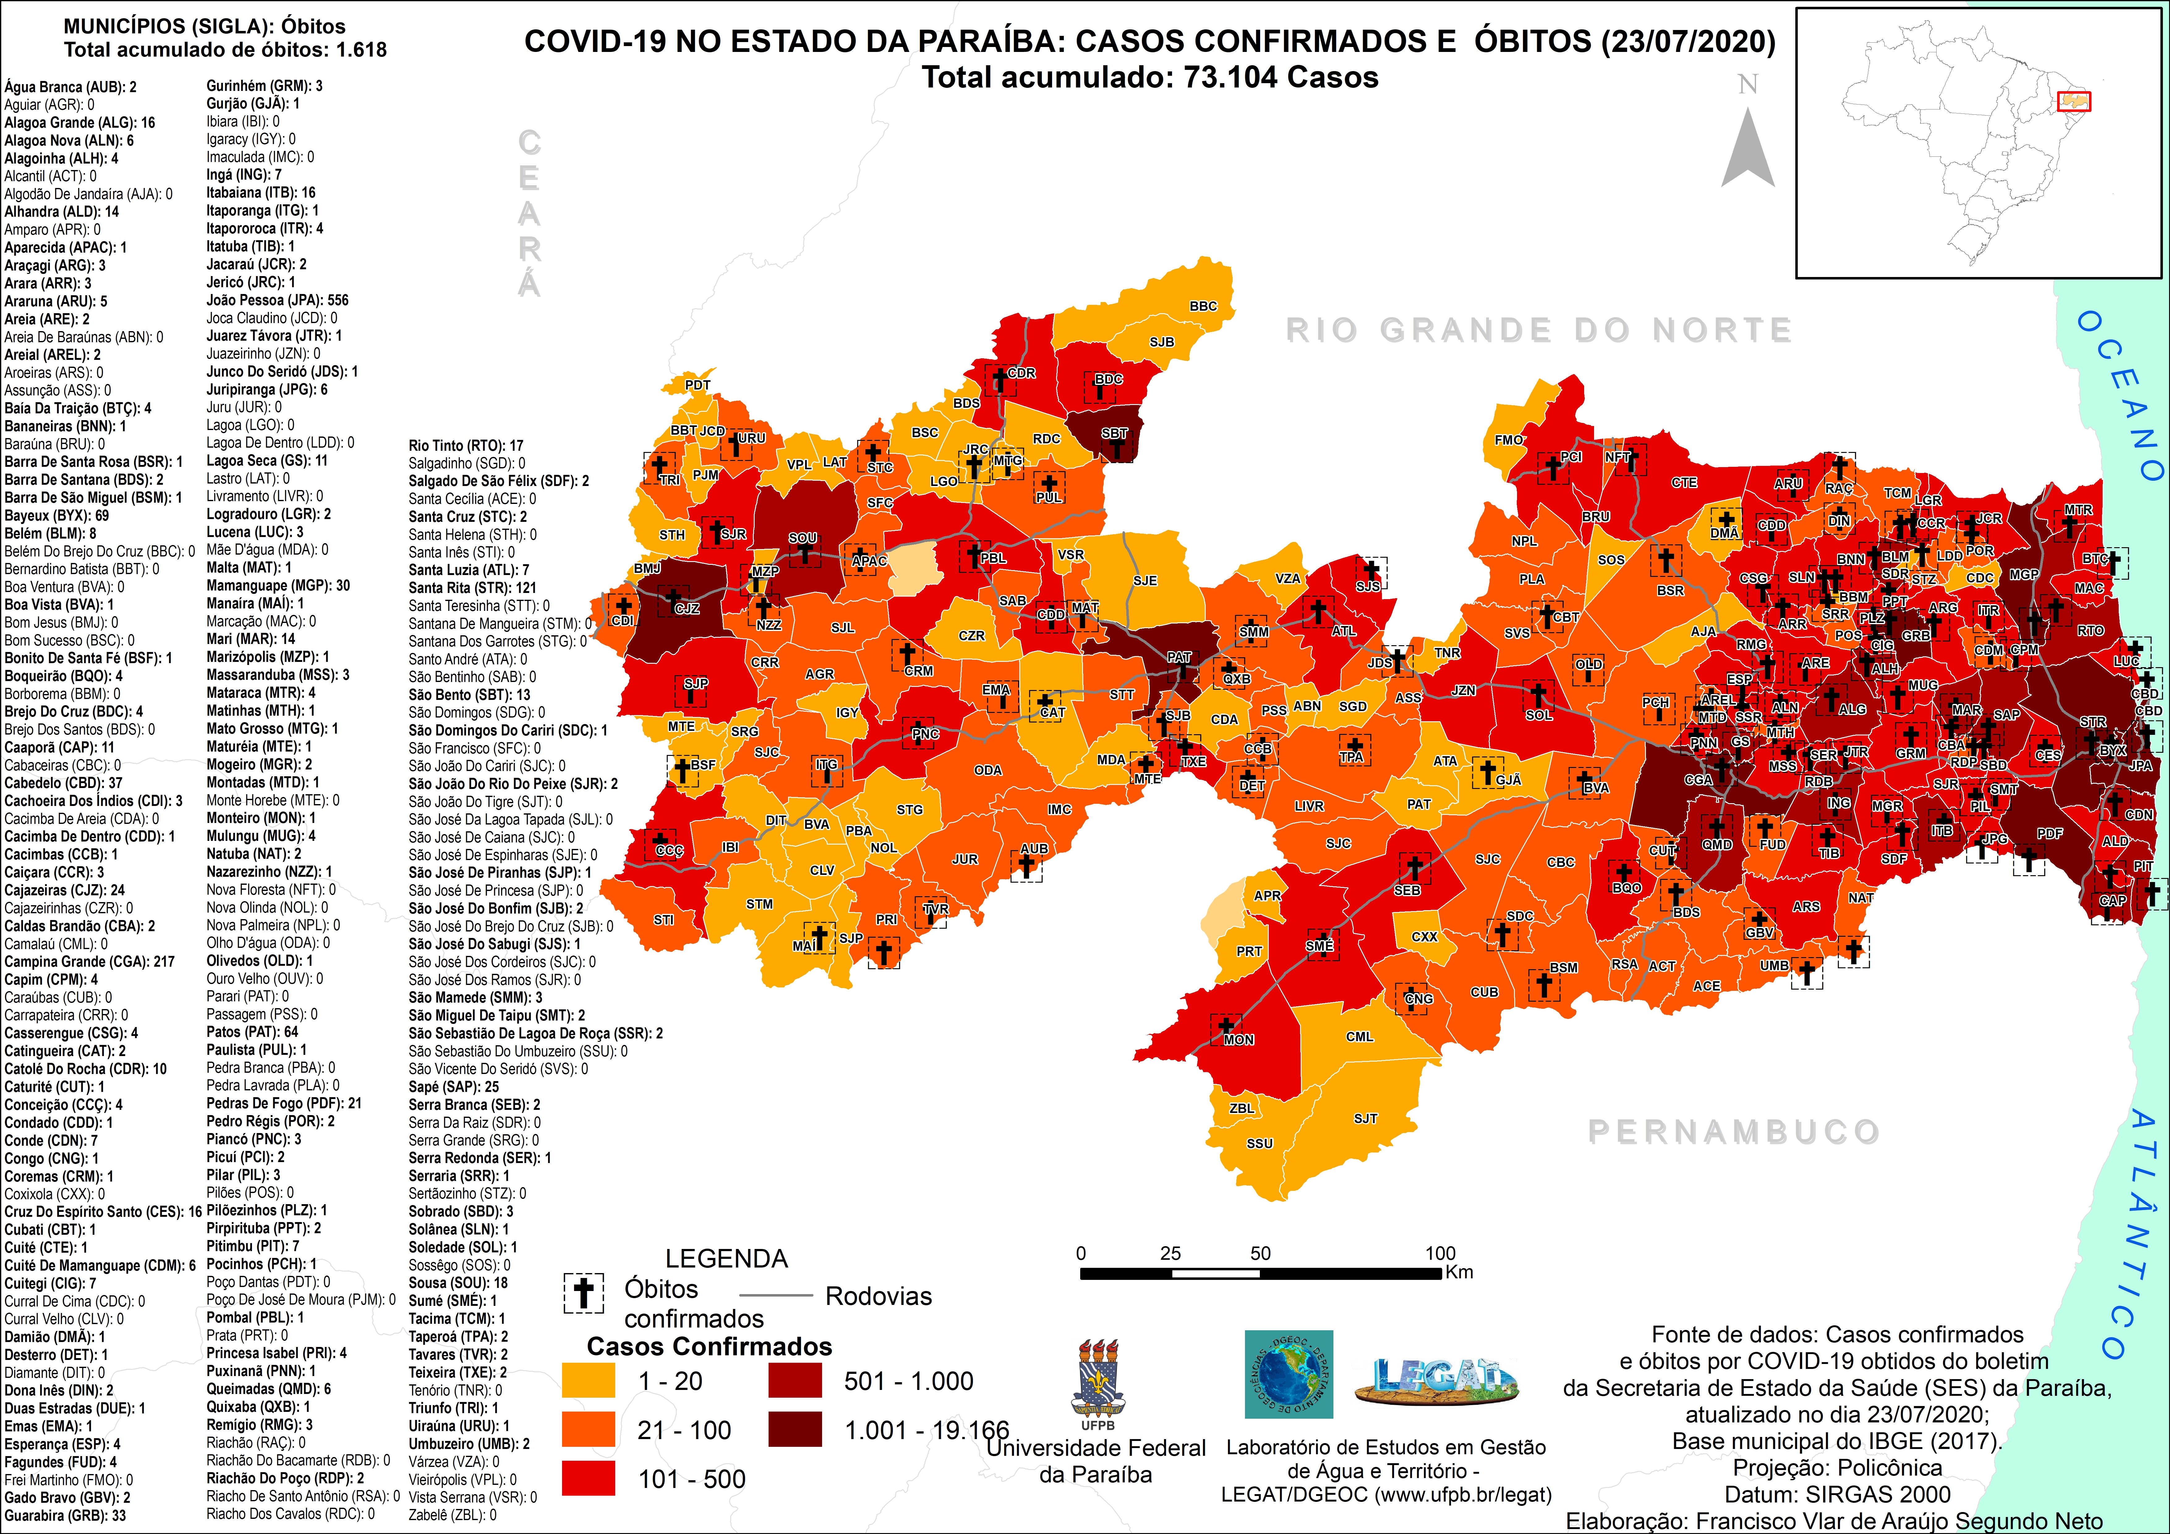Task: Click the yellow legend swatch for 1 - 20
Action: (588, 1381)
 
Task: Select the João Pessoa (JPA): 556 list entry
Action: (277, 300)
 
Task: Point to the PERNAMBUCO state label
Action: (1733, 1131)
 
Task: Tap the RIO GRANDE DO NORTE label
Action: (1539, 330)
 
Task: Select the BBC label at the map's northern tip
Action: (1203, 306)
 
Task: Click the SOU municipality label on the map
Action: (802, 538)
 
